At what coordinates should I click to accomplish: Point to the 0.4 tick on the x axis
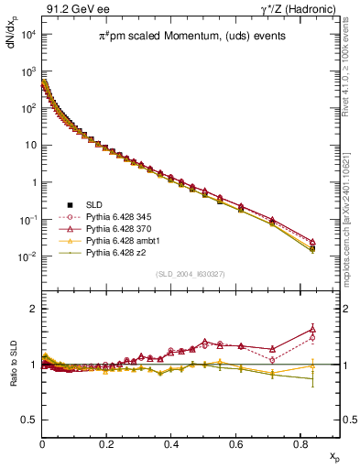click(x=171, y=442)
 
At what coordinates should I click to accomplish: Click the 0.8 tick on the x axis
click(x=300, y=442)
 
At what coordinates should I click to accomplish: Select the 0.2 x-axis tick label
click(x=107, y=442)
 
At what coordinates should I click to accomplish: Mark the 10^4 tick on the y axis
click(x=27, y=34)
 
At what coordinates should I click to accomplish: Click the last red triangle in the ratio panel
click(x=312, y=329)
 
